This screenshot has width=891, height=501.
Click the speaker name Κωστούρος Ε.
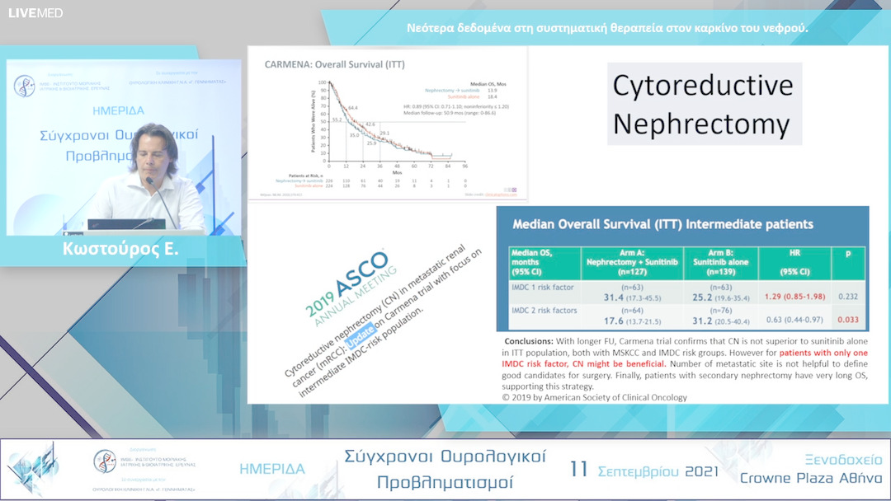(120, 249)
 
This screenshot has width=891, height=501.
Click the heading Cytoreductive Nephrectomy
(703, 105)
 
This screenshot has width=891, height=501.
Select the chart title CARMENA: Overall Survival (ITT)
(334, 64)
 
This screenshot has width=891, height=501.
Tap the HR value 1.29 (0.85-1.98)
(794, 295)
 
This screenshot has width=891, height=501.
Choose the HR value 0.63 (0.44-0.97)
(794, 319)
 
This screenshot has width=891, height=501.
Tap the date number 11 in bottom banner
(579, 469)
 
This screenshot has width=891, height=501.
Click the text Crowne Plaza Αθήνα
(810, 478)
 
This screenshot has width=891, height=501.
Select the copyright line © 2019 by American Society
(594, 396)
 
